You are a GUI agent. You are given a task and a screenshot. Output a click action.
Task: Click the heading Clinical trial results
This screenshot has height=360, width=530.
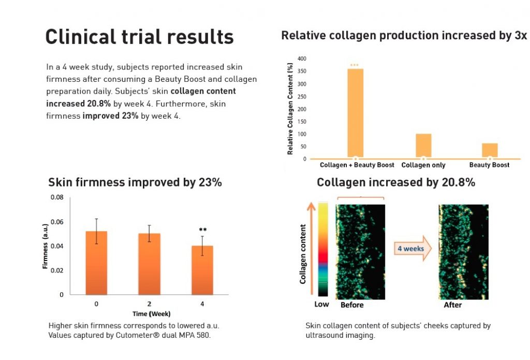click(140, 37)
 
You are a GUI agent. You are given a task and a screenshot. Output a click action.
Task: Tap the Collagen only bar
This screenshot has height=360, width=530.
click(423, 146)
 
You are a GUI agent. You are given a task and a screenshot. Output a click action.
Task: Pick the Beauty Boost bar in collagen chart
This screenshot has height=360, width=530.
click(489, 150)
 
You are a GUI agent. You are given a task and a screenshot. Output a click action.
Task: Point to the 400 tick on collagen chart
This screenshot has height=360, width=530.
click(302, 59)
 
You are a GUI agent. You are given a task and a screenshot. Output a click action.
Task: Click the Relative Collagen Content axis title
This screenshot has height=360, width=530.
click(290, 108)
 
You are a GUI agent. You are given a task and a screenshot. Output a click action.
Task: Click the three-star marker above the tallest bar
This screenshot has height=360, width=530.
click(355, 65)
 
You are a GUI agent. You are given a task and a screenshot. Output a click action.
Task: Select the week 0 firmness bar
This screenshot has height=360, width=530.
click(96, 262)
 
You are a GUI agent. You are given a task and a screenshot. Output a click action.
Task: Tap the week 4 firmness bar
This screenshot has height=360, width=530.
click(202, 269)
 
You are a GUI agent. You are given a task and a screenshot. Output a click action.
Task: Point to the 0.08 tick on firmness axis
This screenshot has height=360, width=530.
click(56, 198)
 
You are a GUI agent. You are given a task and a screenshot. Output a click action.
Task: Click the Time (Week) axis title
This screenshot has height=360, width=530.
click(149, 313)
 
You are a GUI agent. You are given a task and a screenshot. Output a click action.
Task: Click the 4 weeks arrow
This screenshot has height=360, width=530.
click(412, 249)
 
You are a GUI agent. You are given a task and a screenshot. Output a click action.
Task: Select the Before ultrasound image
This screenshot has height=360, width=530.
click(360, 251)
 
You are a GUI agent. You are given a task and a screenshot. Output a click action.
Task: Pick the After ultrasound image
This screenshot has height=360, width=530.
click(463, 251)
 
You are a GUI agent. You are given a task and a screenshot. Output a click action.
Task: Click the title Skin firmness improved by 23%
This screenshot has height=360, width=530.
click(135, 182)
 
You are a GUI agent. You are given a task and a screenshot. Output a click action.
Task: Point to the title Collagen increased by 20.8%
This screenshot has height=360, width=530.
click(396, 182)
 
